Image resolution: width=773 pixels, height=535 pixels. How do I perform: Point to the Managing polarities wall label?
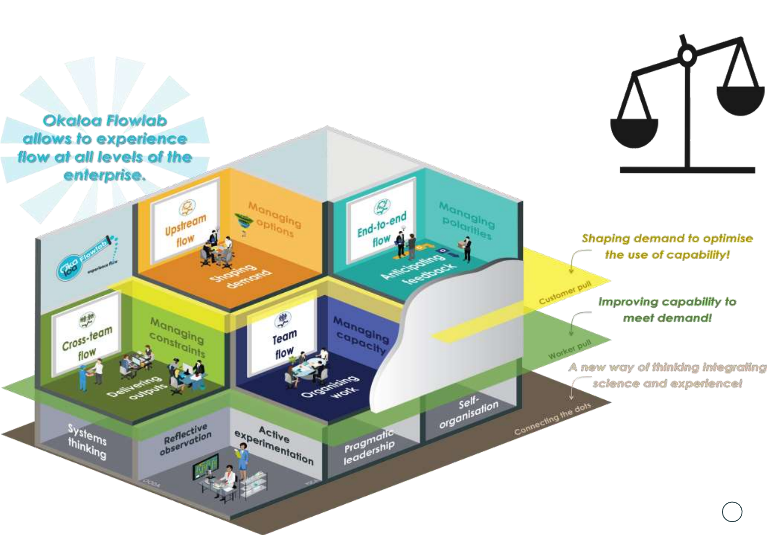pos(466,220)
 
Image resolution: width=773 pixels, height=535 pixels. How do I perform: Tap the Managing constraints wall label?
pos(177,337)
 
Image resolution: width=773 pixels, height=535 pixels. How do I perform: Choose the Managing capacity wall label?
pos(361,335)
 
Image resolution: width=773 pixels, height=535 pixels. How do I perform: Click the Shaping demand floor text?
pos(241,276)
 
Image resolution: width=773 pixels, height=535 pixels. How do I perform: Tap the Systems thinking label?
pos(87,441)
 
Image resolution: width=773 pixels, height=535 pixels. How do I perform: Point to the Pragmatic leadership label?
pos(369,447)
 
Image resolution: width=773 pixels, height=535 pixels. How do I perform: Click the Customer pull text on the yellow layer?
pos(565,293)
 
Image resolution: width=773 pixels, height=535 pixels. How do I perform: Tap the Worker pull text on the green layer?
pos(570,350)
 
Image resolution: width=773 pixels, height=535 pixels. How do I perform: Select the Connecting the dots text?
pos(552,419)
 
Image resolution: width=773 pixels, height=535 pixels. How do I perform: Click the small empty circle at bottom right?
pos(732,512)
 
